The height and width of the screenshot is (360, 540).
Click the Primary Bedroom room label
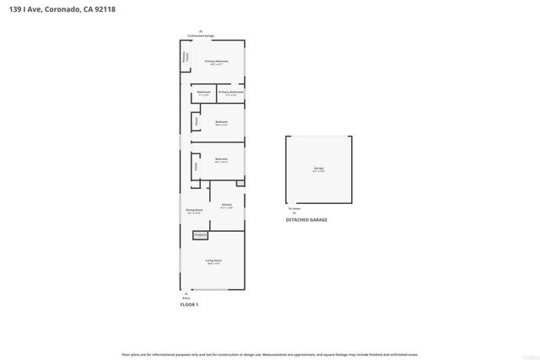(217, 62)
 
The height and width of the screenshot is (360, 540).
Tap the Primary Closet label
(186, 58)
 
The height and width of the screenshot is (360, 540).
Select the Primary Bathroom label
(230, 92)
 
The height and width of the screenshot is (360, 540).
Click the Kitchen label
(226, 205)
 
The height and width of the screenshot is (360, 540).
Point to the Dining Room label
(193, 211)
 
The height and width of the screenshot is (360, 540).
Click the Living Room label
(213, 261)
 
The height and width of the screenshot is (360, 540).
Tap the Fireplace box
(201, 235)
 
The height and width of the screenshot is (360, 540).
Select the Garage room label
(319, 169)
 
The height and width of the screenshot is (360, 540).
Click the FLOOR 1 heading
(189, 304)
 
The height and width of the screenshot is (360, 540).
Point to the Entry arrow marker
(186, 293)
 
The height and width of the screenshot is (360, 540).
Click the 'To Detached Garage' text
(200, 36)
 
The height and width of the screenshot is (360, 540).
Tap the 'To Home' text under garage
(294, 208)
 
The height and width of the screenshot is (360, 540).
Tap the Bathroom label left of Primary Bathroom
(203, 92)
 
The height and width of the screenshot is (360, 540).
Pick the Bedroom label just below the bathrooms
(221, 122)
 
